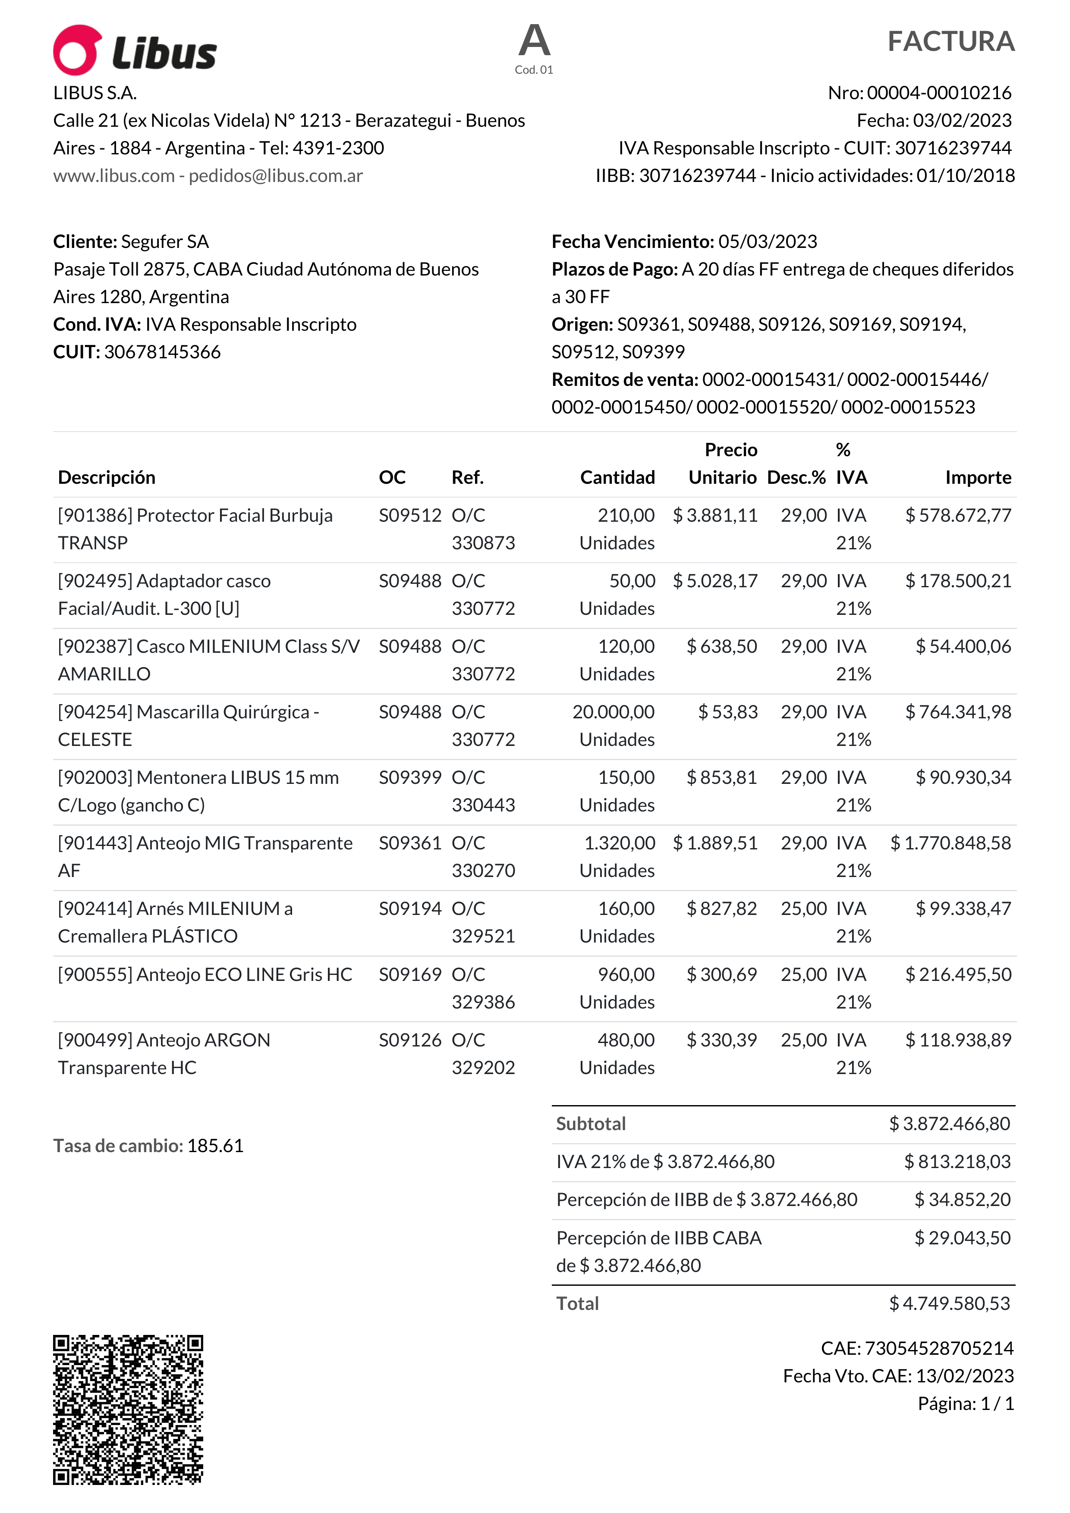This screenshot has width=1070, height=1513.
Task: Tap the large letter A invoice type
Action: [x=534, y=41]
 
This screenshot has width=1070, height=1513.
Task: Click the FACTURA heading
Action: [x=950, y=41]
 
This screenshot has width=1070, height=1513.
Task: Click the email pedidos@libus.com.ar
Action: [x=276, y=176]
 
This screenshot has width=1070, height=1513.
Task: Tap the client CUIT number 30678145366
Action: [x=162, y=352]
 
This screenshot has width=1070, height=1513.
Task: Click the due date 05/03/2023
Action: [x=768, y=242]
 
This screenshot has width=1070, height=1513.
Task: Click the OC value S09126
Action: [x=409, y=1040]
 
